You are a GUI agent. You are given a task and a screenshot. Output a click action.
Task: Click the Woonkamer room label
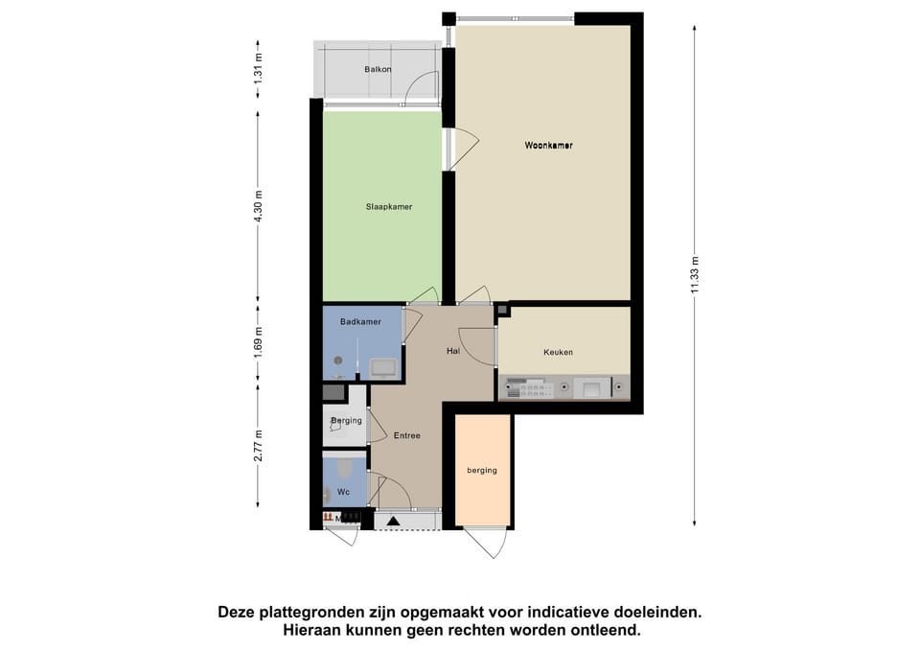tap(548, 146)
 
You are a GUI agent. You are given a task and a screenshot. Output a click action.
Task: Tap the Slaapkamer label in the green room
tap(388, 206)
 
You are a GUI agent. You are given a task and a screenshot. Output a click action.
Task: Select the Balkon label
tap(378, 70)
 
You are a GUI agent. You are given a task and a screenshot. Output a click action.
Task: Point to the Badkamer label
tap(361, 322)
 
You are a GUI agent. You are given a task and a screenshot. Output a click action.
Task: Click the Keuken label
tap(558, 352)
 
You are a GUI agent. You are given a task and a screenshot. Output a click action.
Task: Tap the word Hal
tap(453, 351)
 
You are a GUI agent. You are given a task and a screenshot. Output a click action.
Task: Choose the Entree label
tap(406, 435)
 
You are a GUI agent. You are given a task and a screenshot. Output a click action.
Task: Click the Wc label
tap(342, 492)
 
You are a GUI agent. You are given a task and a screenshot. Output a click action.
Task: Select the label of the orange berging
tap(482, 470)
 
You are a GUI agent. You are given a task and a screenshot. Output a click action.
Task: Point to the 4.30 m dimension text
tap(258, 207)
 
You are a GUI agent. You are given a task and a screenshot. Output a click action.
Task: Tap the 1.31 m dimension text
tap(258, 70)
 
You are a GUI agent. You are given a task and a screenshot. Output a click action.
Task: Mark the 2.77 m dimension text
tap(258, 445)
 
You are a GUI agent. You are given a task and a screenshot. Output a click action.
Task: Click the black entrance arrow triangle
tap(393, 521)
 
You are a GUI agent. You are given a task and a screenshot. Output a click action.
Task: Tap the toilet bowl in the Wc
tap(329, 495)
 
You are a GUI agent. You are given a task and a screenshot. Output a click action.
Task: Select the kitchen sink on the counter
tap(591, 388)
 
